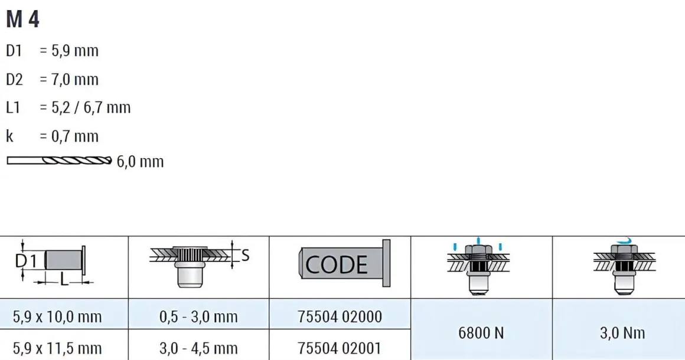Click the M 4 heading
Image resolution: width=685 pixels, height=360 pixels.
[x=22, y=19]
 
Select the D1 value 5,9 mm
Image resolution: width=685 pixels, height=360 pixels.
[x=75, y=51]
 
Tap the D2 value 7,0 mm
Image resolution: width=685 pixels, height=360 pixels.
[x=75, y=80]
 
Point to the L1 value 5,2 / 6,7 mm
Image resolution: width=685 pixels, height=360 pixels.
[x=91, y=108]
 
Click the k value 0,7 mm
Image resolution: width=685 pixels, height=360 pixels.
[x=75, y=136]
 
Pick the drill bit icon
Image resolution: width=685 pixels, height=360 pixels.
[x=59, y=161]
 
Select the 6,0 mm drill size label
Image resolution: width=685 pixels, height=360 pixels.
[x=140, y=162]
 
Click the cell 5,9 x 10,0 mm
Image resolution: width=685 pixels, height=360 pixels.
[x=57, y=317]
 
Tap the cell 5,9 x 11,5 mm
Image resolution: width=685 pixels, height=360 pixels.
[x=57, y=348]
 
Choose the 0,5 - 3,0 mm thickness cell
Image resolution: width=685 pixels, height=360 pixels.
[x=198, y=317]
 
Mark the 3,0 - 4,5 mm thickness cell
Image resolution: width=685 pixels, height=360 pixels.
[x=198, y=348]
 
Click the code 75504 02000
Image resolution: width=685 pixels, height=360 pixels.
[x=340, y=317]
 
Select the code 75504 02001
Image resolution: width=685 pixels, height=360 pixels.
[x=340, y=348]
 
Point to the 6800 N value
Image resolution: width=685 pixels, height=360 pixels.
[x=481, y=333]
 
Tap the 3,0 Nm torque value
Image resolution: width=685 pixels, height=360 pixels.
[x=622, y=333]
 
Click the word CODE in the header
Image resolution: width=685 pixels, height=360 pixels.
[x=337, y=265]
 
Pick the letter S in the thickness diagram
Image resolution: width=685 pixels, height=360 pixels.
[x=245, y=256]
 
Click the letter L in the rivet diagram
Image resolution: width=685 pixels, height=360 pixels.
[x=64, y=280]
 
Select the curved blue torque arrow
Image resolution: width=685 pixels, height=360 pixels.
[x=625, y=241]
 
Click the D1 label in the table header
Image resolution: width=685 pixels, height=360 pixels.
[x=26, y=261]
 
